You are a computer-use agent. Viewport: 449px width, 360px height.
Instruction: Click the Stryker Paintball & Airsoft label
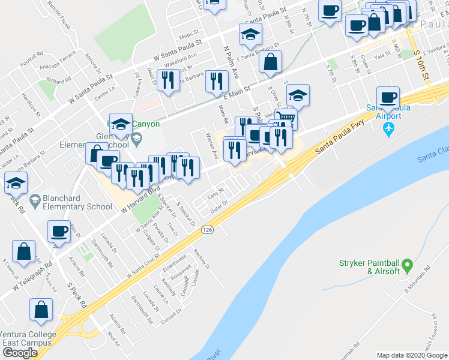click(368, 266)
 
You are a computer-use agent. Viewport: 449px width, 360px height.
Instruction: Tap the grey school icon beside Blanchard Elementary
click(35, 200)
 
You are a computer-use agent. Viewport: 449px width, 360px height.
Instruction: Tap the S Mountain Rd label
click(418, 287)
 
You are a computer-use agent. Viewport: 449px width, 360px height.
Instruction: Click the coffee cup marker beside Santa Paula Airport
click(387, 97)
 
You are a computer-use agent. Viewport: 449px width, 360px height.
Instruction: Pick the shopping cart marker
click(286, 118)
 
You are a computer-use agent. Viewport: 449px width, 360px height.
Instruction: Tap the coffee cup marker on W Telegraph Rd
click(59, 230)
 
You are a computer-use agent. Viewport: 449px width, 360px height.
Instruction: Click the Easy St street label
click(215, 193)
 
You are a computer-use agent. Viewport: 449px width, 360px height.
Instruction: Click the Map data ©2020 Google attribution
click(412, 355)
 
